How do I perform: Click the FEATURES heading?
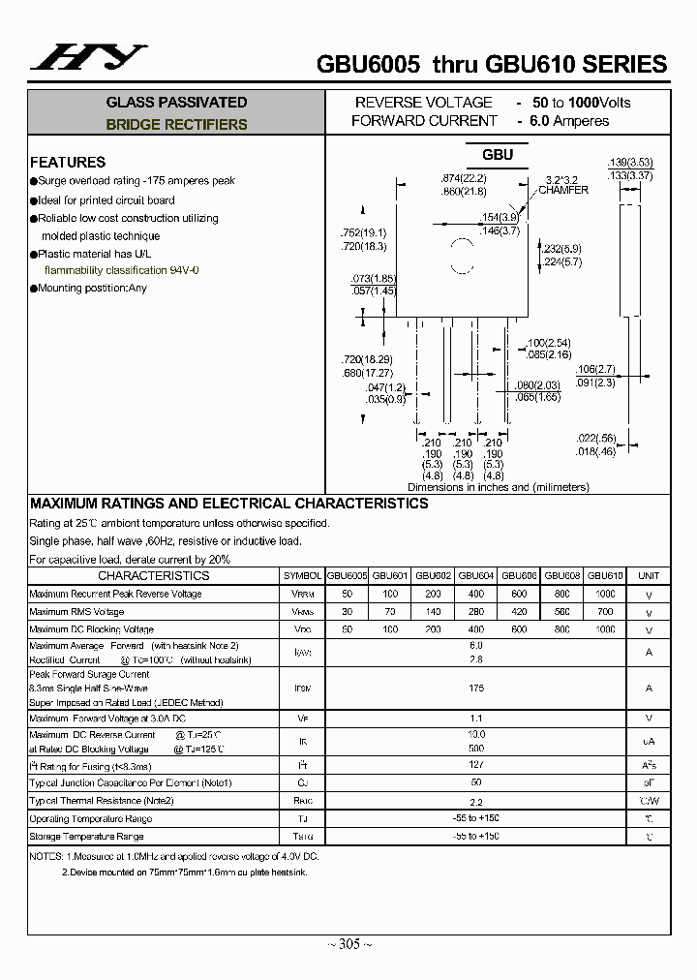coord(68,162)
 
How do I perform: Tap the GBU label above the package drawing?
coord(498,155)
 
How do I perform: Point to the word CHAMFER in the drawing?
coord(563,191)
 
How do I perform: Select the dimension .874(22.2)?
coord(463,179)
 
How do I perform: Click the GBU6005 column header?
coord(347,575)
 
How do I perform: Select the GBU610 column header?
coord(605,575)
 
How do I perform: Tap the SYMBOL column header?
coord(303,576)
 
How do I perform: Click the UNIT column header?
coord(649,576)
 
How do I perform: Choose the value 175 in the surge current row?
coord(475,688)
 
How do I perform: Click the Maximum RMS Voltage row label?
coord(76,612)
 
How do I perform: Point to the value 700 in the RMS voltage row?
coord(605,612)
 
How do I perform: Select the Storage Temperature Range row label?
coord(86,837)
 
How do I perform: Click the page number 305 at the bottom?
coord(348,945)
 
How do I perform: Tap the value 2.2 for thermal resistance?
coord(475,802)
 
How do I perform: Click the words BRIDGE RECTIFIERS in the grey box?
coord(176,125)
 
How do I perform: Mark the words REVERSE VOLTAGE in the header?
coord(424,103)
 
